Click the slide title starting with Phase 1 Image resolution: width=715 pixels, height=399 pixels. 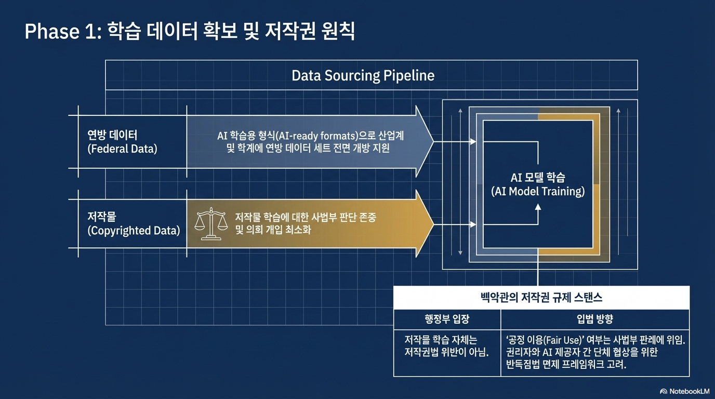(190, 32)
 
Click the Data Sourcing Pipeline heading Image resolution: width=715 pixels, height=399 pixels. (363, 76)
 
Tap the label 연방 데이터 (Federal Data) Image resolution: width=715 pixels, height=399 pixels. (123, 142)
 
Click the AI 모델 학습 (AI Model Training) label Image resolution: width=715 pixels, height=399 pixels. (538, 184)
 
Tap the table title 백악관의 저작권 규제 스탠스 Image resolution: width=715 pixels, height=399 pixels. (541, 298)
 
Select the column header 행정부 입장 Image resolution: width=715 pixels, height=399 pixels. (447, 319)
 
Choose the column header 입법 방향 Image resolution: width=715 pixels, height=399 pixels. (595, 319)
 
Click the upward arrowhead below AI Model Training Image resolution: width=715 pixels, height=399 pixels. (538, 207)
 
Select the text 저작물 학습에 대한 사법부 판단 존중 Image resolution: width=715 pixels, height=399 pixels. (306, 217)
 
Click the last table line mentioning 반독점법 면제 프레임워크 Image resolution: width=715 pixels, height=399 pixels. (566, 364)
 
